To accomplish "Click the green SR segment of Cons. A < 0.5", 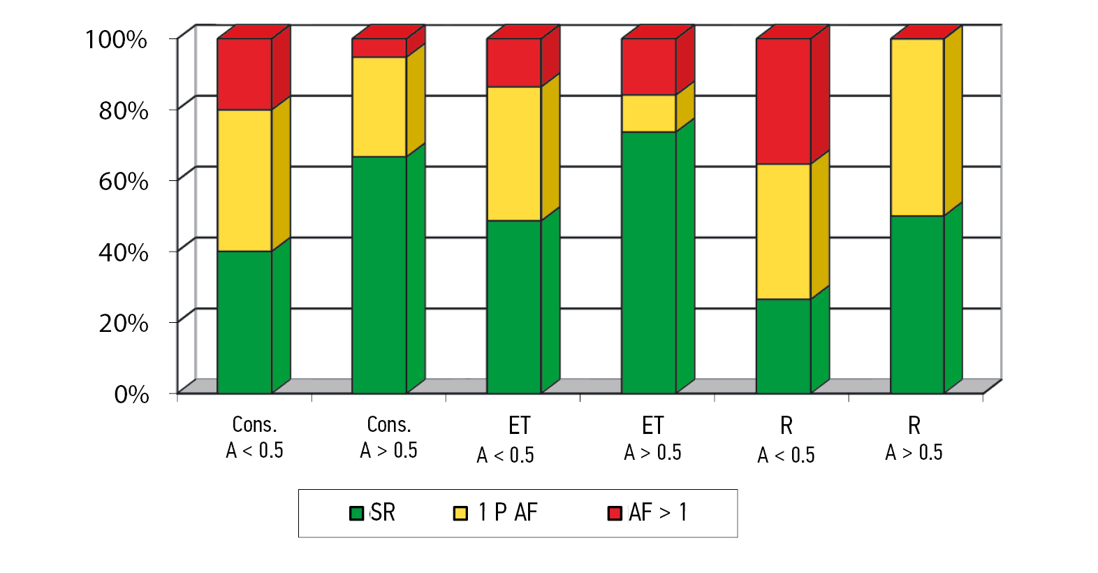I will coord(244,321).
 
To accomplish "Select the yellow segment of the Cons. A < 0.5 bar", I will coord(244,180).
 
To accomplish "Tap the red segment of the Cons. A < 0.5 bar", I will coord(244,74).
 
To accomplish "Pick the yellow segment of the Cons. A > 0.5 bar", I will coord(379,106).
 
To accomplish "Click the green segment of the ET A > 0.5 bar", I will coord(648,262).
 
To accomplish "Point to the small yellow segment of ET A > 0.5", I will coord(648,113).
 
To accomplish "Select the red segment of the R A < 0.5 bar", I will coord(783,101).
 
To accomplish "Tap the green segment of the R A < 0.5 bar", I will coord(783,346).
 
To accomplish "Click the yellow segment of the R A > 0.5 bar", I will coord(917,127).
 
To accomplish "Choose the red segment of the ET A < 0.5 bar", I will coord(513,63).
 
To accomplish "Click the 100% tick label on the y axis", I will coord(116,40).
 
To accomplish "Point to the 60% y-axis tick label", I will coord(123,182).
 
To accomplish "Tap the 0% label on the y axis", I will coord(131,395).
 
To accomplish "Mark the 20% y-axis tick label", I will coord(123,324).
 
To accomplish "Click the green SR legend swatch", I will coord(356,514).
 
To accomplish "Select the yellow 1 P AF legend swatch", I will coord(460,514).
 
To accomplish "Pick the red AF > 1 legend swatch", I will coord(615,514).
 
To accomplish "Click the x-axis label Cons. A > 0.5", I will coord(389,437).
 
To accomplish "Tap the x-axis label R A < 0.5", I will coord(786,440).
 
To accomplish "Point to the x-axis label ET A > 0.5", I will coord(652,439).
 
